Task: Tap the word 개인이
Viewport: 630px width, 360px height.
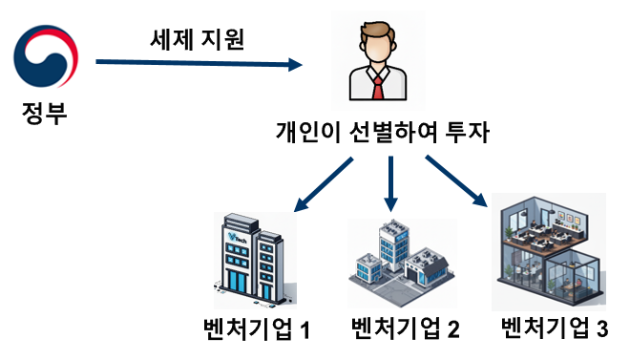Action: [x=303, y=132]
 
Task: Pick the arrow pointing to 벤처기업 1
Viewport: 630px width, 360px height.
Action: [x=325, y=185]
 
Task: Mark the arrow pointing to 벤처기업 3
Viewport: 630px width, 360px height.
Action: [x=456, y=180]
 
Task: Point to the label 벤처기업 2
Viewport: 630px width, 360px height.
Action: [x=406, y=330]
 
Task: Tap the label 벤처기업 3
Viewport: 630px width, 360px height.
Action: [x=554, y=329]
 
